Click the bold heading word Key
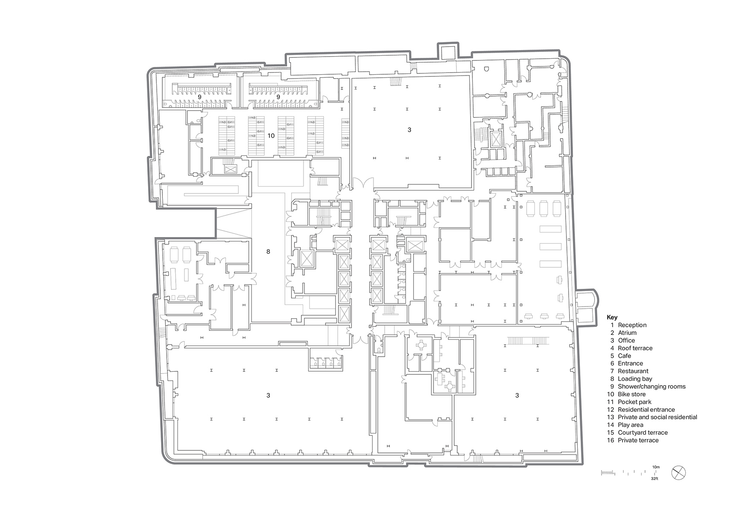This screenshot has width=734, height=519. pyautogui.click(x=612, y=317)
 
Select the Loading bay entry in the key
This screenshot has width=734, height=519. pyautogui.click(x=635, y=379)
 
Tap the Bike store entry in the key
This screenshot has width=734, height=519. pyautogui.click(x=632, y=394)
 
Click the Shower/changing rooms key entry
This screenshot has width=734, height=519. pyautogui.click(x=652, y=386)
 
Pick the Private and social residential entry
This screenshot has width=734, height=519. pyautogui.click(x=657, y=417)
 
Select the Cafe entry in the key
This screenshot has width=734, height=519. pyautogui.click(x=624, y=356)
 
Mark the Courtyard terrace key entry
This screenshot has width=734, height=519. pyautogui.click(x=642, y=433)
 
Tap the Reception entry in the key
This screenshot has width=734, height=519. pyautogui.click(x=632, y=325)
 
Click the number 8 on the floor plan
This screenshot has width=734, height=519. pyautogui.click(x=268, y=251)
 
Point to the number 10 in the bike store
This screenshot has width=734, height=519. pyautogui.click(x=271, y=136)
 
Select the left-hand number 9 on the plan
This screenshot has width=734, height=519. pyautogui.click(x=199, y=97)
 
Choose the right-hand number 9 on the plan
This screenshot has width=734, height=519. pyautogui.click(x=278, y=97)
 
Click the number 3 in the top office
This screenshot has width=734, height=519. pyautogui.click(x=409, y=130)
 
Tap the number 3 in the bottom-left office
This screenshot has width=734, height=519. pyautogui.click(x=268, y=395)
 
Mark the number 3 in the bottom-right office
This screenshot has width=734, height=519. pyautogui.click(x=517, y=395)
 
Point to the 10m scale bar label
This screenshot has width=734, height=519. pyautogui.click(x=656, y=467)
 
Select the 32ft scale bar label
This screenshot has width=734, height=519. pyautogui.click(x=656, y=479)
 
